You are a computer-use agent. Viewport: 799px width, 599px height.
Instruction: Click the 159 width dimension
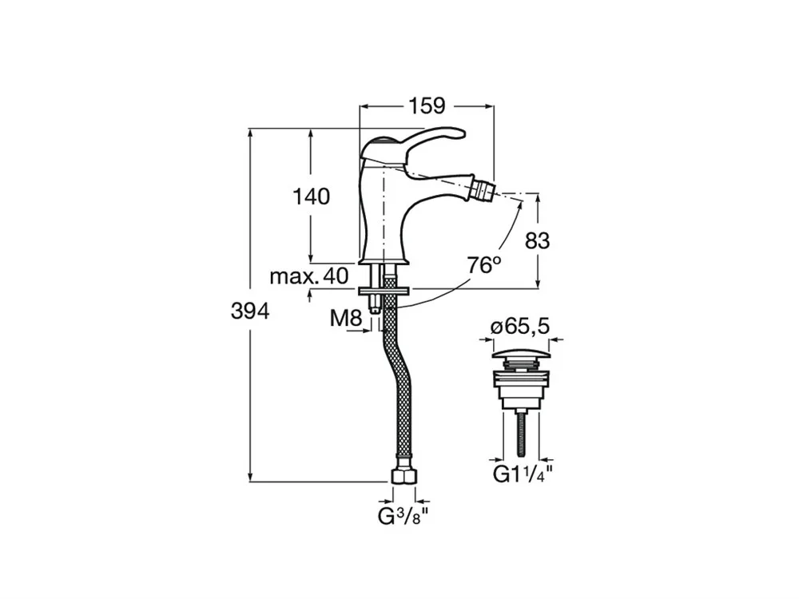(427, 106)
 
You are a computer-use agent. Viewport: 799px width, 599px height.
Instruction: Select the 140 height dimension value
(312, 196)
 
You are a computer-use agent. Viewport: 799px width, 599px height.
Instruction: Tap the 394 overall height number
(250, 311)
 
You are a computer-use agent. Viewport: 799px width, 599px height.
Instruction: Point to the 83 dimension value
(537, 241)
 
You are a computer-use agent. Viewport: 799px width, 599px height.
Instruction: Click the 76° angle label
(485, 265)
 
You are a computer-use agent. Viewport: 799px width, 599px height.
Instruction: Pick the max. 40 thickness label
(309, 276)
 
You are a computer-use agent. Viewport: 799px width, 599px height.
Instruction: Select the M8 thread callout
(346, 319)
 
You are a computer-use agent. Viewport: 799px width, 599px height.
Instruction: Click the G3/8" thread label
(403, 517)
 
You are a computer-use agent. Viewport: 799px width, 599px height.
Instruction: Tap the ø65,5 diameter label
(520, 326)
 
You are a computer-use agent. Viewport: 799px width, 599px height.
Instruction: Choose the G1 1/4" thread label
(523, 475)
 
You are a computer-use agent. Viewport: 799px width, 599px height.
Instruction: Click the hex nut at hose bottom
(404, 477)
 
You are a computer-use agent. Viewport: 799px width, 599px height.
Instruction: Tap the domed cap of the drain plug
(521, 354)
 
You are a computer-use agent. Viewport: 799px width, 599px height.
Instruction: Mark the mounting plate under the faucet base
(384, 292)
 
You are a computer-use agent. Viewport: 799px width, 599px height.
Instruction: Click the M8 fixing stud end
(376, 310)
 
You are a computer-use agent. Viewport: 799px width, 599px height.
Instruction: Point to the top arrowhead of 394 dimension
(250, 133)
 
